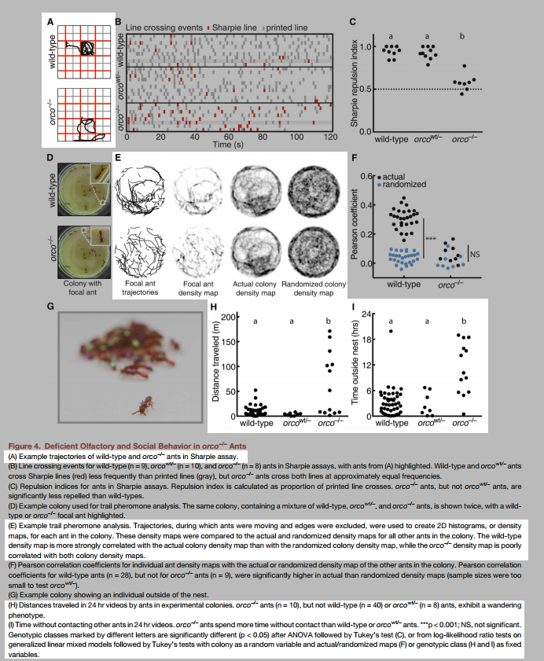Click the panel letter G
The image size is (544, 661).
[x=50, y=305]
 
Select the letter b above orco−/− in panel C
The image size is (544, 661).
[x=462, y=35]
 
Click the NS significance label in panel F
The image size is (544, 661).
[x=475, y=253]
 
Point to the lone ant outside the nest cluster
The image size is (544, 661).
[x=144, y=406]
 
